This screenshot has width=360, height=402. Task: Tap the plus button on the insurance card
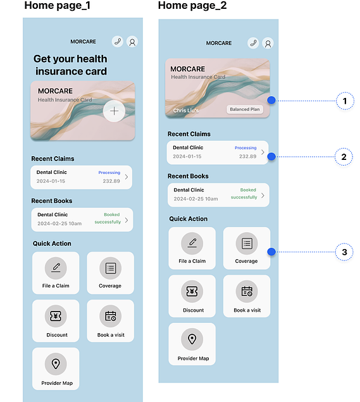pyautogui.click(x=114, y=111)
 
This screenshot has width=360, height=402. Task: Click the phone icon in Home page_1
pyautogui.click(x=118, y=41)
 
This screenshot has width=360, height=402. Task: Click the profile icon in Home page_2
pyautogui.click(x=268, y=44)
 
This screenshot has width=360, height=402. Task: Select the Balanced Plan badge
pyautogui.click(x=245, y=109)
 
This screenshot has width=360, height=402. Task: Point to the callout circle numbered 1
pyautogui.click(x=345, y=100)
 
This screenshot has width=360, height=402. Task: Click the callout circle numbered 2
pyautogui.click(x=344, y=157)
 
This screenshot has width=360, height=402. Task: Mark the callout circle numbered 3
pyautogui.click(x=344, y=252)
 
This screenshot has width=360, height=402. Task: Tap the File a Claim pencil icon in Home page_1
pyautogui.click(x=56, y=268)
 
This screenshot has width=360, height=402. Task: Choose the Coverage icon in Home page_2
pyautogui.click(x=247, y=243)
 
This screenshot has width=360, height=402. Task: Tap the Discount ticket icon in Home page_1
pyautogui.click(x=56, y=316)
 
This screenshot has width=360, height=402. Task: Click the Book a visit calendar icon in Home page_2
pyautogui.click(x=247, y=291)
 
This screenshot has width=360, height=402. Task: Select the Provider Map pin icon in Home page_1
pyautogui.click(x=56, y=364)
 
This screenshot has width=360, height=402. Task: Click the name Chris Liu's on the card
pyautogui.click(x=186, y=111)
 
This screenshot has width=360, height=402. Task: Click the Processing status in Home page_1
pyautogui.click(x=109, y=173)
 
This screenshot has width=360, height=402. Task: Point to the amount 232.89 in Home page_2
pyautogui.click(x=247, y=156)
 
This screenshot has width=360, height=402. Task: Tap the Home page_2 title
pyautogui.click(x=192, y=6)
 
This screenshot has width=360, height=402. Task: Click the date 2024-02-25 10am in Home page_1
pyautogui.click(x=59, y=224)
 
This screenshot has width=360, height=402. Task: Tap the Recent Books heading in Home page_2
pyautogui.click(x=188, y=176)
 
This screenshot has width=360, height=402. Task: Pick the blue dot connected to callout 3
pyautogui.click(x=271, y=252)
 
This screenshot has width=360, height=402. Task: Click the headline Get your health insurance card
pyautogui.click(x=71, y=65)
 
